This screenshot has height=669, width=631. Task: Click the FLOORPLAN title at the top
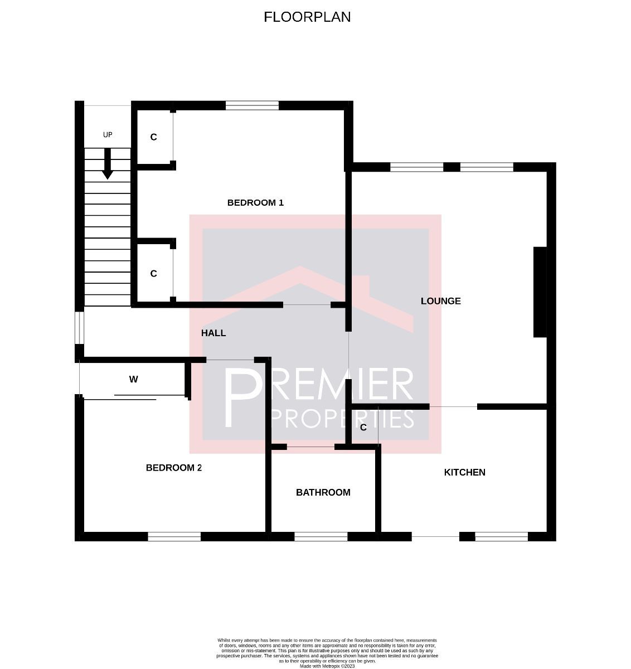coord(307,17)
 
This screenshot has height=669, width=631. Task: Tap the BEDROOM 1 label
coord(255,202)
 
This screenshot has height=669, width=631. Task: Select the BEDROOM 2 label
coord(173,468)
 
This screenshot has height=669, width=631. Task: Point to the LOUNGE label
coord(440,301)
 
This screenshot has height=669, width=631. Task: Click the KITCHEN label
coord(464,472)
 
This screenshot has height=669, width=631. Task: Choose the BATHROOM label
coord(323,492)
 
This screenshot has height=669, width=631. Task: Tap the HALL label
coord(213,333)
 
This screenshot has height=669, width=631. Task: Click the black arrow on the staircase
coord(108,164)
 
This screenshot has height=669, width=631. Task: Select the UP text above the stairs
coord(108,135)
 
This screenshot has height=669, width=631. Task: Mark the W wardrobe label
coord(133,380)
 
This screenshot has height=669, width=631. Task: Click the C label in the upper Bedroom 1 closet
coord(153,137)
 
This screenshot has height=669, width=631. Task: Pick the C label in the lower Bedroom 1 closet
coord(153,274)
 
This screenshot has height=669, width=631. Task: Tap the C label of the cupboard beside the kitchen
coord(363,428)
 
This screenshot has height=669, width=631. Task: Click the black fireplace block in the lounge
coord(540,292)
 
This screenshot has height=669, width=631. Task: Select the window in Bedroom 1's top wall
coord(252,106)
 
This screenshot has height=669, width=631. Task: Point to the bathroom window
coord(321,536)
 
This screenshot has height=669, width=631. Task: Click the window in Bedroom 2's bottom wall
coord(174,536)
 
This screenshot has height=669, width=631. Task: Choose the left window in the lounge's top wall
coord(416,167)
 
